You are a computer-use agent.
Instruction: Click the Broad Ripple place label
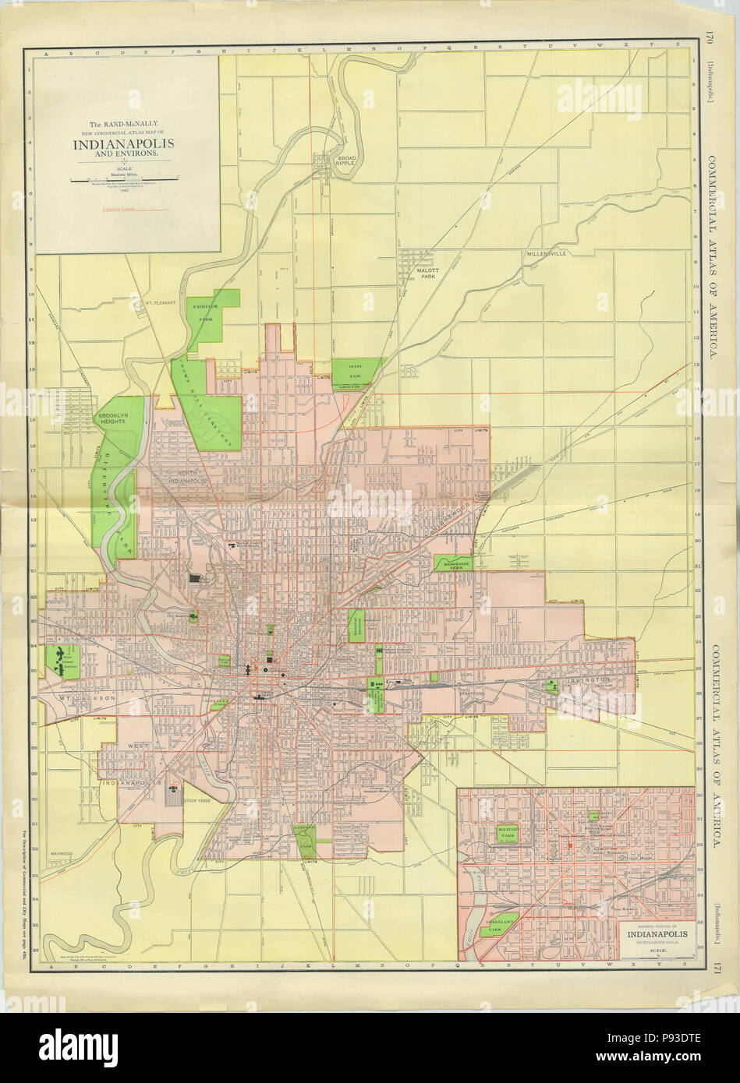pyautogui.click(x=345, y=161)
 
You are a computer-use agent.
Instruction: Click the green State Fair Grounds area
pyautogui.click(x=357, y=374)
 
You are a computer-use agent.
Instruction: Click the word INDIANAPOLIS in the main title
pyautogui.click(x=125, y=144)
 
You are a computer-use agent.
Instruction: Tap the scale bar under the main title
pyautogui.click(x=125, y=181)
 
